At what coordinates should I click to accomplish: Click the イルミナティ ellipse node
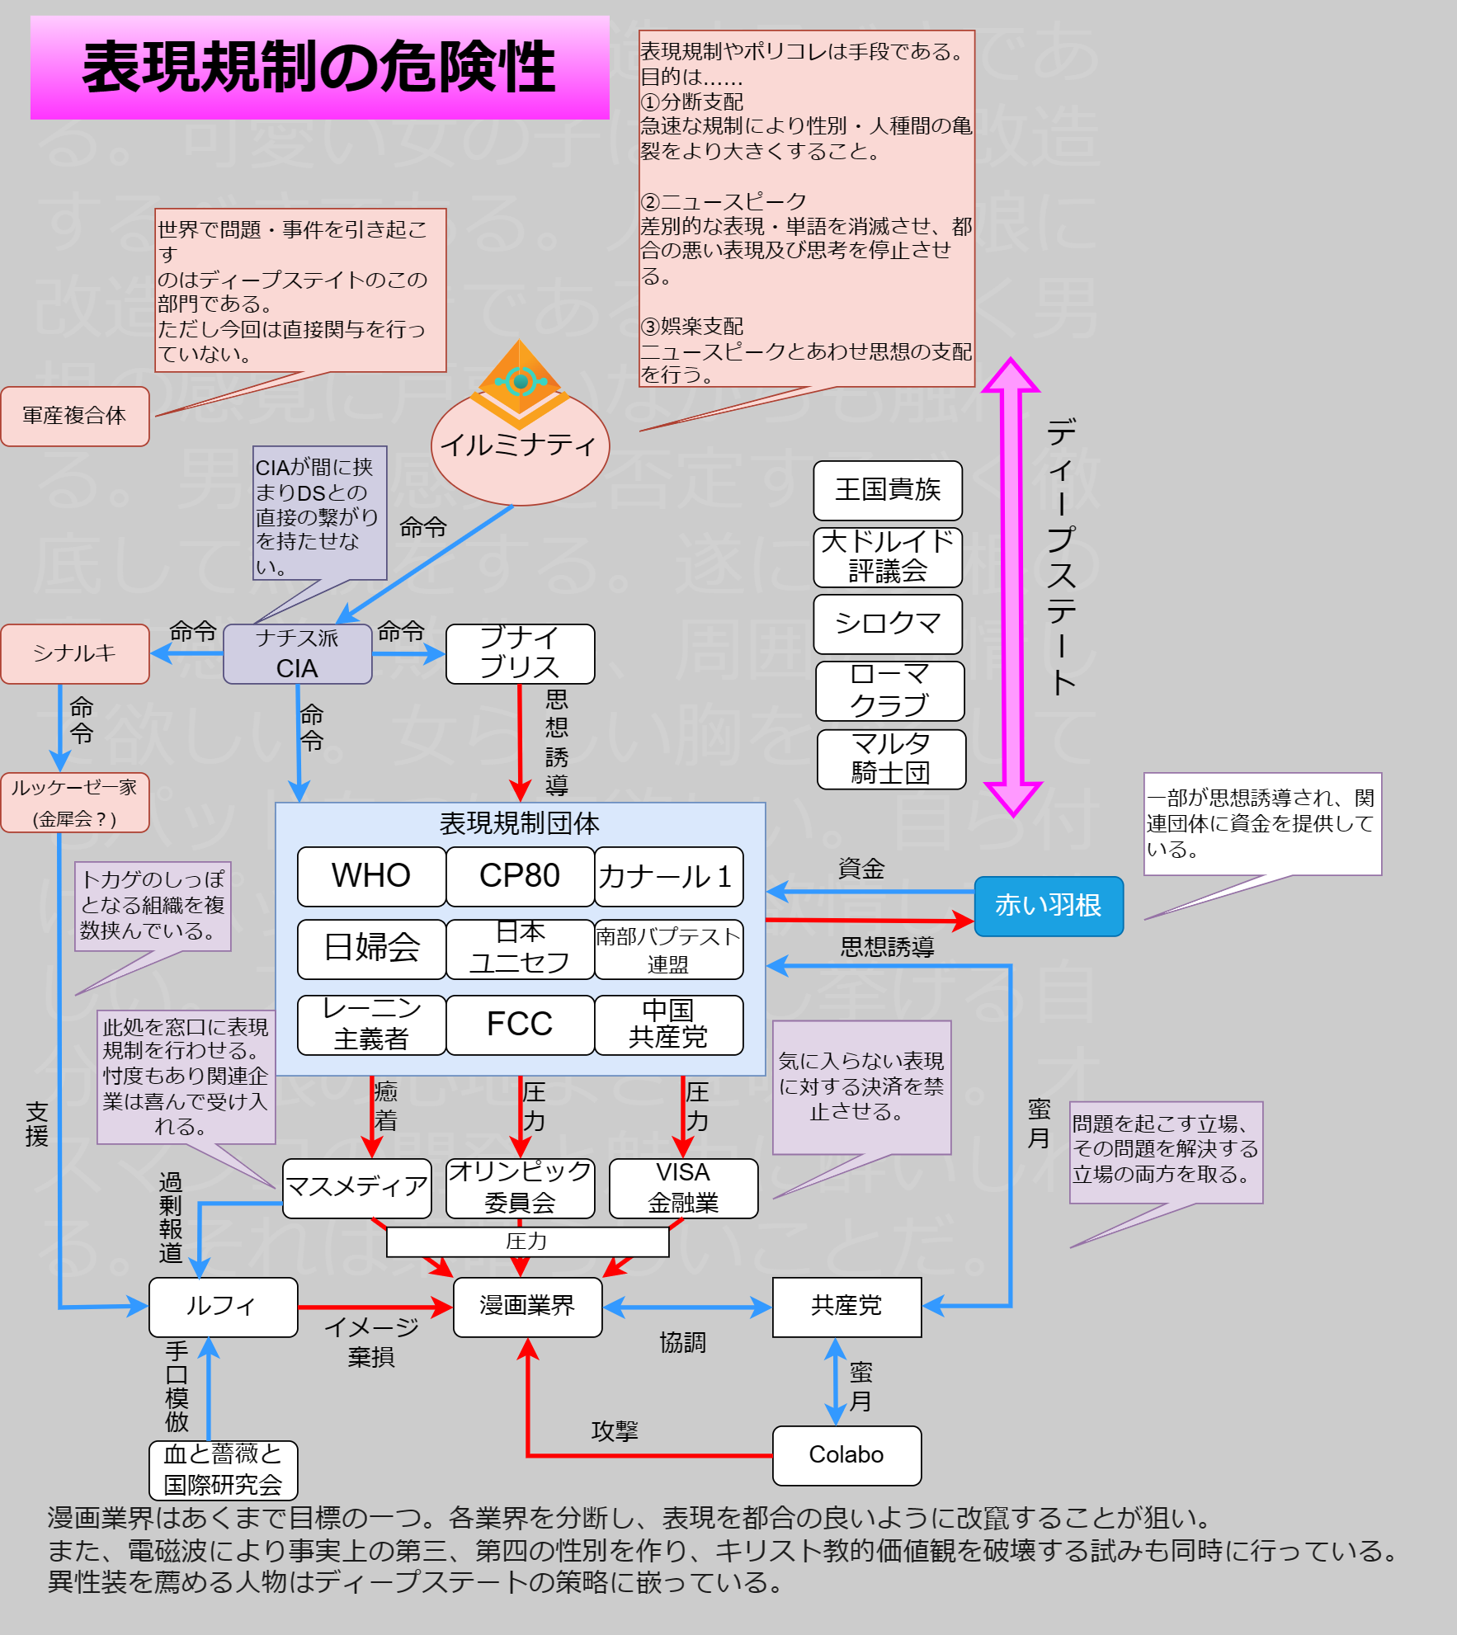coord(520,450)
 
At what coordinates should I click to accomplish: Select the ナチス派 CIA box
coord(297,653)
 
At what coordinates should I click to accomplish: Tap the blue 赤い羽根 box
coord(1048,906)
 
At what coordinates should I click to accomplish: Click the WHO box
coord(371,876)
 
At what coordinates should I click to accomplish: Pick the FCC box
coord(520,1025)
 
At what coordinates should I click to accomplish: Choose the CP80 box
coord(520,876)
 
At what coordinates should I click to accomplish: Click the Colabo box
coord(846,1455)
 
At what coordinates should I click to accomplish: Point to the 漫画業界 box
coord(527,1307)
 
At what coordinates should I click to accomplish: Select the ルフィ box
coord(223,1307)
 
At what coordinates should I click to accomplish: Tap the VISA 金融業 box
coord(683,1188)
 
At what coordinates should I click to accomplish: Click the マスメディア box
coord(356,1188)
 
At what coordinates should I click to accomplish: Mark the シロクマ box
coord(888,624)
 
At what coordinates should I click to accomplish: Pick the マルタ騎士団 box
coord(891,759)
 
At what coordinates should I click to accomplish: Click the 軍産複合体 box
coord(74,416)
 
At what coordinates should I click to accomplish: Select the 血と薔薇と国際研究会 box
coord(223,1470)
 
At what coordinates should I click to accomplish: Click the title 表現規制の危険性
coord(320,68)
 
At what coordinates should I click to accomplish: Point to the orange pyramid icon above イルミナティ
coord(520,381)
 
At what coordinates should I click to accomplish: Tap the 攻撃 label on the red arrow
coord(615,1431)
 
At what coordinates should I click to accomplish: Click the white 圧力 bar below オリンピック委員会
coord(527,1242)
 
